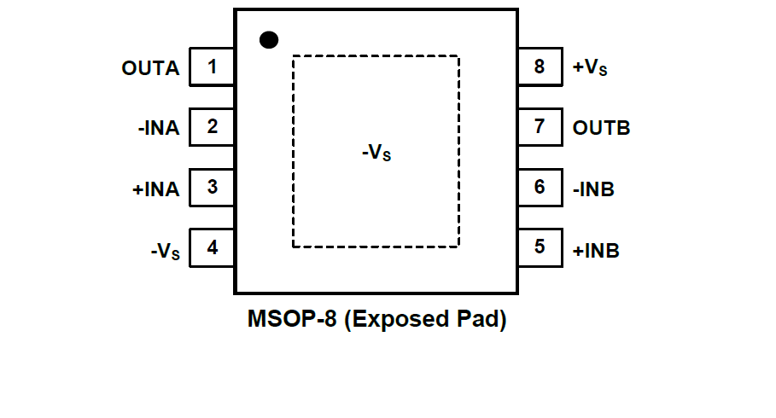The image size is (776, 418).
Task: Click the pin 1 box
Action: pyautogui.click(x=212, y=67)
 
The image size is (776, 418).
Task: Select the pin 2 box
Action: pyautogui.click(x=212, y=127)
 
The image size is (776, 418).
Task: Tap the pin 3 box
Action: pyautogui.click(x=212, y=188)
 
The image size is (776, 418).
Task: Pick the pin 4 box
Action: pyautogui.click(x=212, y=248)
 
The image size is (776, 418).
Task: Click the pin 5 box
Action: pyautogui.click(x=540, y=247)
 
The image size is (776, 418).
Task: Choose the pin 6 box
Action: pyautogui.click(x=540, y=187)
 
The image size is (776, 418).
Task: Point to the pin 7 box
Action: pyautogui.click(x=540, y=127)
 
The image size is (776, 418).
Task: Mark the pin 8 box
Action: pyautogui.click(x=540, y=67)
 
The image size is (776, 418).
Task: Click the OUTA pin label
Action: pyautogui.click(x=151, y=68)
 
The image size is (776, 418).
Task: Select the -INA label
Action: pyautogui.click(x=159, y=129)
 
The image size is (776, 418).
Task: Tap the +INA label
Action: pyautogui.click(x=156, y=189)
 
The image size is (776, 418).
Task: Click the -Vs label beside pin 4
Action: pyautogui.click(x=165, y=252)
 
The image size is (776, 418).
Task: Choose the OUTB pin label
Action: pyautogui.click(x=602, y=129)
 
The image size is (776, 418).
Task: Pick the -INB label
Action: pyautogui.click(x=594, y=189)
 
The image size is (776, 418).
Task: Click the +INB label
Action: pyautogui.click(x=596, y=252)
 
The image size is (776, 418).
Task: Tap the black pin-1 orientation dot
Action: pyautogui.click(x=269, y=39)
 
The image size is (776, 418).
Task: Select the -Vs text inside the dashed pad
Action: pyautogui.click(x=376, y=154)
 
